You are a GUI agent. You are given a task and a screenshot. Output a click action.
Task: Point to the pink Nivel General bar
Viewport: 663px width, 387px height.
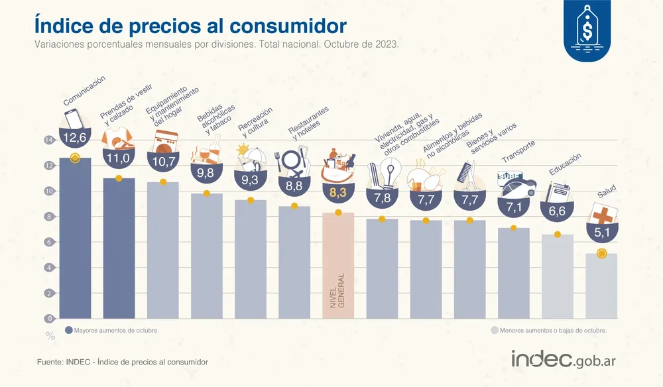(x=338, y=265)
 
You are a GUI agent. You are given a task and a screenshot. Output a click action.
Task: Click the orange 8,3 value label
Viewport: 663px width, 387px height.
(x=338, y=193)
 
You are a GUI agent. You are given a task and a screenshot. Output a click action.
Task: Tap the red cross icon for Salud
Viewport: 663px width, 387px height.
(x=603, y=215)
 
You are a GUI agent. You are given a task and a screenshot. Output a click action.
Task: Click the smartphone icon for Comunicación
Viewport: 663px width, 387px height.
(x=74, y=119)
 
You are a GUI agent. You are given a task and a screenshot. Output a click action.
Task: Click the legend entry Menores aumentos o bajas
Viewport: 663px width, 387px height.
(x=548, y=330)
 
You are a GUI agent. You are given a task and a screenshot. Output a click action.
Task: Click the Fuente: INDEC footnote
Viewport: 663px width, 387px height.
(x=123, y=362)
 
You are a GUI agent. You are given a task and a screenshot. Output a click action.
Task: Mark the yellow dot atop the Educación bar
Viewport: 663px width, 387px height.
(x=558, y=235)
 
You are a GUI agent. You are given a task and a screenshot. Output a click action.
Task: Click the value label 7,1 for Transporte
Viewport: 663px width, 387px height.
(x=514, y=207)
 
